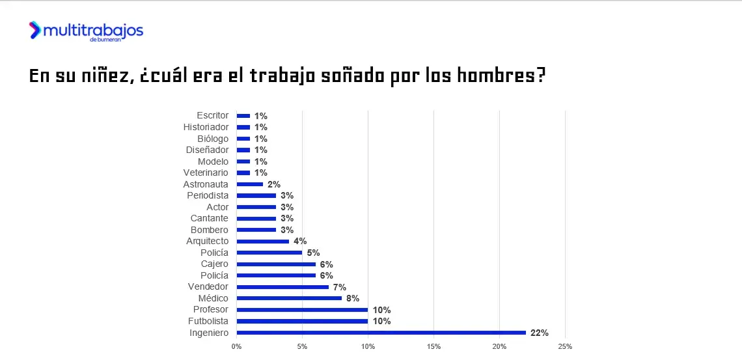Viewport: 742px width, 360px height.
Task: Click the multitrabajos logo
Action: coord(85,31)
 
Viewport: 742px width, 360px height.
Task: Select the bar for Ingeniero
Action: coord(381,333)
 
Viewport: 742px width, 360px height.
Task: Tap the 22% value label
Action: coord(539,333)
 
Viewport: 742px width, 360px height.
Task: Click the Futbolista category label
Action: coord(208,321)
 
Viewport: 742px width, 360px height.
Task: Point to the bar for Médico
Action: coord(289,298)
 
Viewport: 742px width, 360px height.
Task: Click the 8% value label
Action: coord(353,298)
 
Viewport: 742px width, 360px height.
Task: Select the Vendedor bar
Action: coord(282,287)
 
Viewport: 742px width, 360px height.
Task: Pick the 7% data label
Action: coord(339,287)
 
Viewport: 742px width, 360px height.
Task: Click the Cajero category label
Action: coord(215,264)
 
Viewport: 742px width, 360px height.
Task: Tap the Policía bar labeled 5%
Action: coord(269,253)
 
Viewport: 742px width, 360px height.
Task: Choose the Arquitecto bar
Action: coord(263,241)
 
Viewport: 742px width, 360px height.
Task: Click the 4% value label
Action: coord(300,241)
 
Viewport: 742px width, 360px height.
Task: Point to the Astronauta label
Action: coord(206,184)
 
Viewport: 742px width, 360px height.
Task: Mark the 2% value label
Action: coord(274,184)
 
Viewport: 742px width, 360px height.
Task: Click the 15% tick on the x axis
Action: coord(433,346)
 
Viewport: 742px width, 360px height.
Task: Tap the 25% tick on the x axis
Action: coord(565,346)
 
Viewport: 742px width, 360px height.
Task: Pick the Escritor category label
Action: coord(212,115)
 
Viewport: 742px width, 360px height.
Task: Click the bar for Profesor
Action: coord(302,310)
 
